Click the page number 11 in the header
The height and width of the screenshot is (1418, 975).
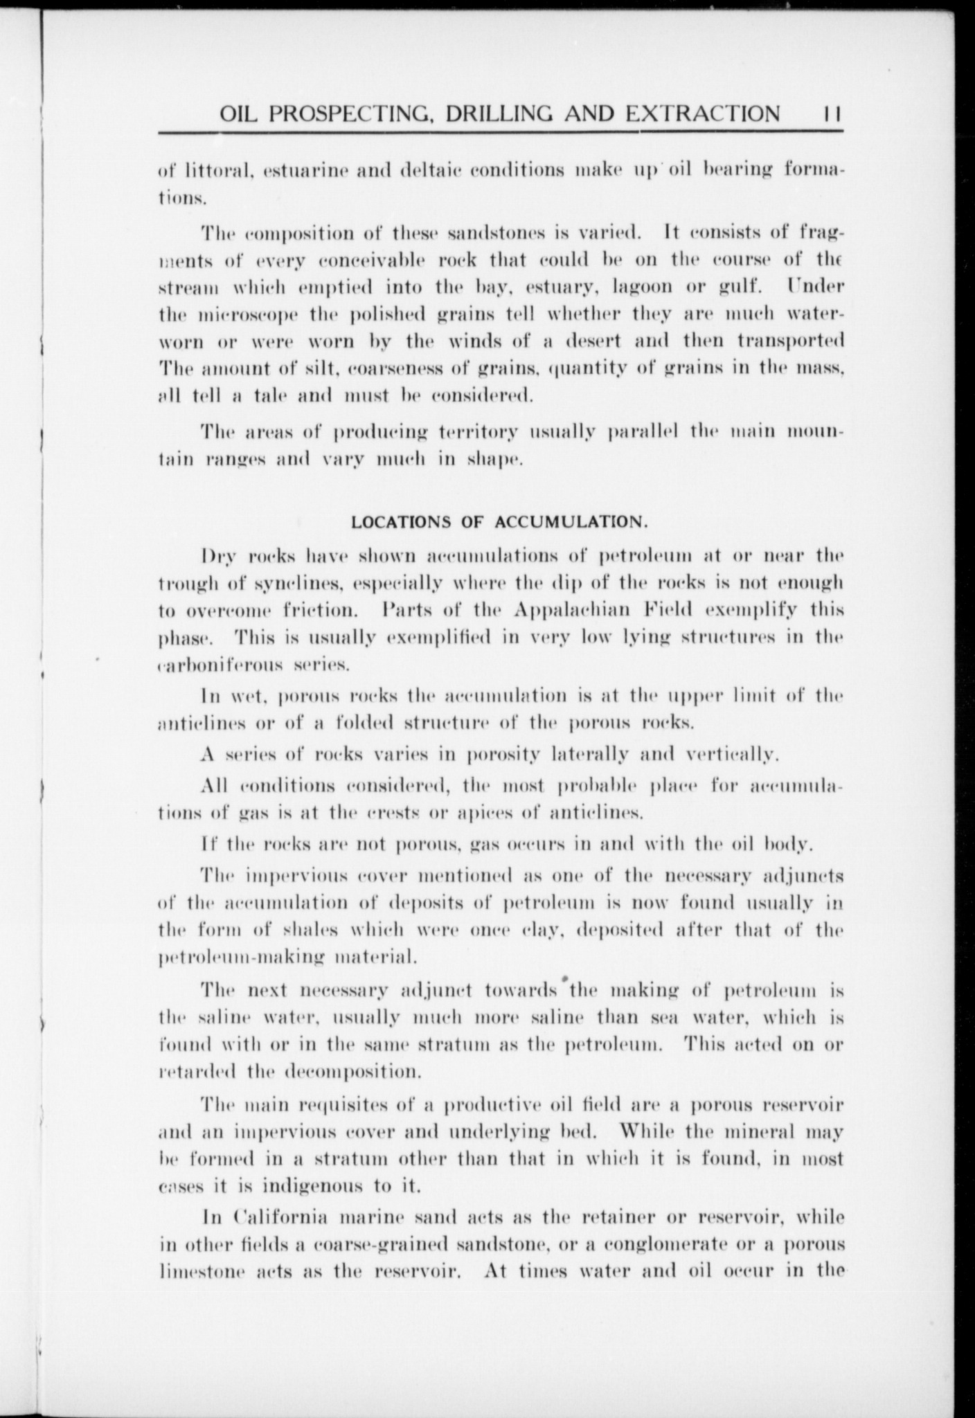[830, 114]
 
